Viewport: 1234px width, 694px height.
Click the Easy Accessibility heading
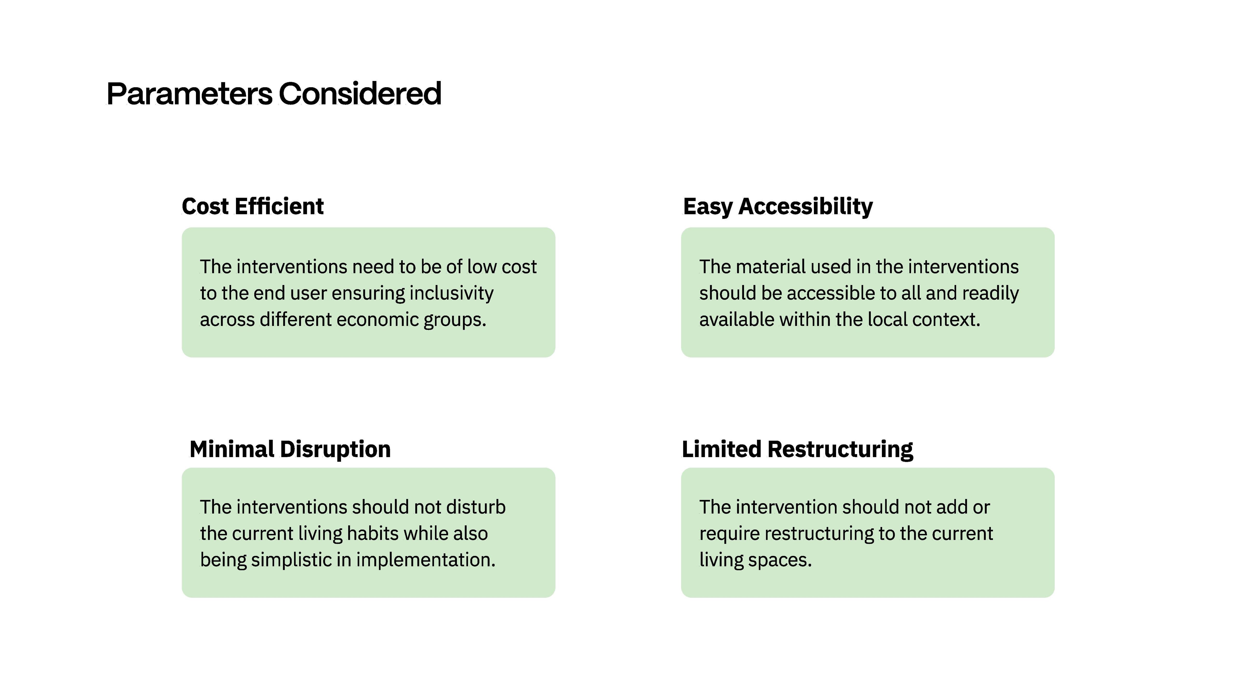[x=778, y=207]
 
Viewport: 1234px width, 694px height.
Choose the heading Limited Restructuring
[x=797, y=449]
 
